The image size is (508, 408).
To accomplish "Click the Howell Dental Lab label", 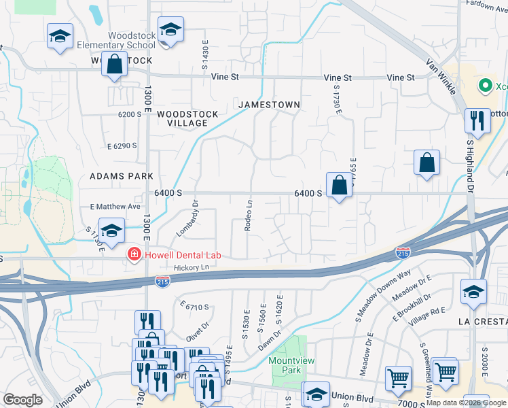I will (x=183, y=255).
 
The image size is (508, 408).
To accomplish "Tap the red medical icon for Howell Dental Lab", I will (x=134, y=255).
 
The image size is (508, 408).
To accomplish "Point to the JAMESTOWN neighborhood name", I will (x=269, y=105).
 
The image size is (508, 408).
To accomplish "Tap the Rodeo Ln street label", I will (x=249, y=214).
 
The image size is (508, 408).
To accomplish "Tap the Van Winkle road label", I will (x=442, y=74).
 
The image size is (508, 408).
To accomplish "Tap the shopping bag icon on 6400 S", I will (x=338, y=185).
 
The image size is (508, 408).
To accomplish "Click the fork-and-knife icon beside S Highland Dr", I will (x=478, y=121).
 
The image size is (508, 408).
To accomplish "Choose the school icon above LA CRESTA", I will (x=473, y=292).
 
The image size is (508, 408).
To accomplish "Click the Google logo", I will (x=23, y=400).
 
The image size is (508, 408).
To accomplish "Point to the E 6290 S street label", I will (x=122, y=146).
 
